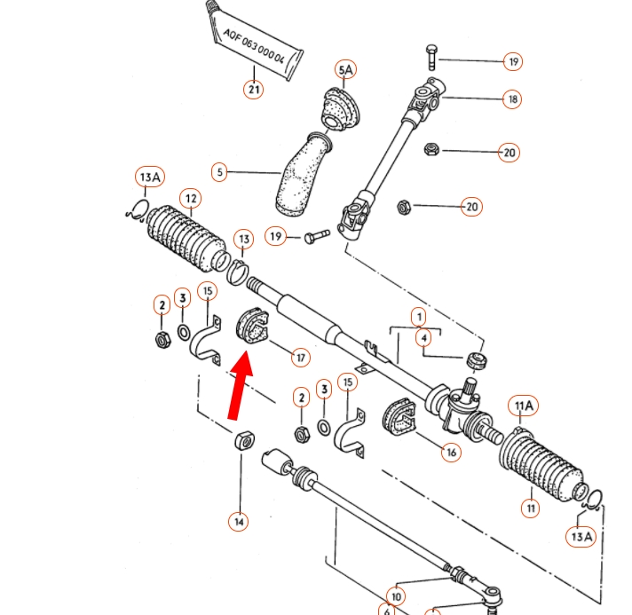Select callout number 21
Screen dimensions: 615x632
click(x=254, y=89)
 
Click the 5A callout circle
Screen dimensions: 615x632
click(x=344, y=69)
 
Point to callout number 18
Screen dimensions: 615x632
click(x=512, y=99)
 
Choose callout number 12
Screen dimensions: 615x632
click(x=189, y=197)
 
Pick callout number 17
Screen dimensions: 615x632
click(x=302, y=358)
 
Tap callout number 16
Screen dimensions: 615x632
click(x=452, y=452)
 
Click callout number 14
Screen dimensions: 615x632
click(x=238, y=521)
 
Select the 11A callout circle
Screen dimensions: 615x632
click(x=523, y=406)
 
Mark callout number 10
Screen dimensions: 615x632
click(x=396, y=596)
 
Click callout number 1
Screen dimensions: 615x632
click(x=417, y=316)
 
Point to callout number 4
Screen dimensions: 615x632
click(x=425, y=338)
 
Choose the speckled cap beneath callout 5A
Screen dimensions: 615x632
click(x=344, y=111)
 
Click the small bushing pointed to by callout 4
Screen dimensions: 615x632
click(x=478, y=361)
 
